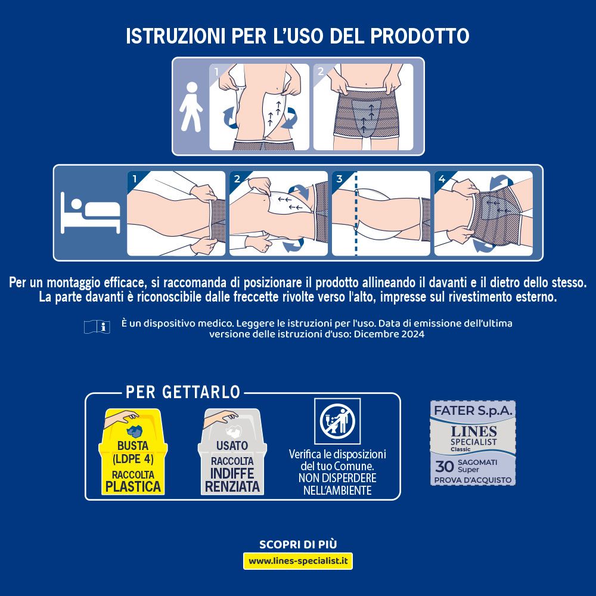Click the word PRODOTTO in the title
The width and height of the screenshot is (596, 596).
coord(420,35)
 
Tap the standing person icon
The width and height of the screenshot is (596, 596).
coord(191,107)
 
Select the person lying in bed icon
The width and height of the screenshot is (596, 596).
coord(89,213)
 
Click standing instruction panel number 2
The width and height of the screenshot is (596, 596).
coord(363,107)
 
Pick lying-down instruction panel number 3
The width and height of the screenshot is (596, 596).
coord(381,213)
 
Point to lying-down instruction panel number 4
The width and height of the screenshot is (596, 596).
coord(483,213)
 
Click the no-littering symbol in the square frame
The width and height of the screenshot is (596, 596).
coord(337,421)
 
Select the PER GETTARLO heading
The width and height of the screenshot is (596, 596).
coord(183,392)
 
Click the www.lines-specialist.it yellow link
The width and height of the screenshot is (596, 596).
coord(298,561)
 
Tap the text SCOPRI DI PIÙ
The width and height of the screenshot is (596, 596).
coord(298,544)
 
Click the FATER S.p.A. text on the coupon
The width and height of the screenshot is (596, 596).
coord(473,411)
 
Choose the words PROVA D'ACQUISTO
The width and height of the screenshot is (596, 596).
coord(473,480)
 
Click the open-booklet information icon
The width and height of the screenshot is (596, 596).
coord(98,326)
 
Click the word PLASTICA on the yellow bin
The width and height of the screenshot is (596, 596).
coord(134,486)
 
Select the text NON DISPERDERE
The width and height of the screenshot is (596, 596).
coord(337,478)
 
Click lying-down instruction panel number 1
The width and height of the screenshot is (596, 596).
coord(176,213)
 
